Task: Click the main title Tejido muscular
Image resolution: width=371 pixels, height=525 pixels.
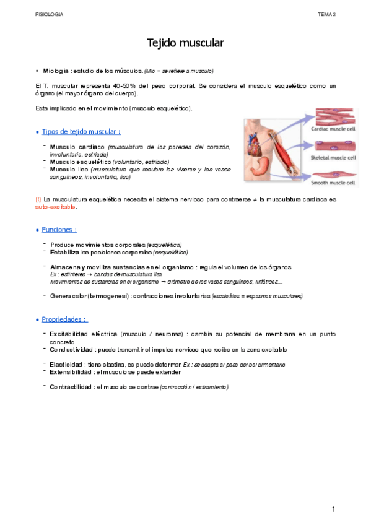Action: pos(185,43)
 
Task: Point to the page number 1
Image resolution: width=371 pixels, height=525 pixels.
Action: pos(333,509)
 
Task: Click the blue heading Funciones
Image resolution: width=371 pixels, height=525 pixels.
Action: pos(59,230)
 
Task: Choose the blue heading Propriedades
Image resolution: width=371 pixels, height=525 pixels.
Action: pos(64,319)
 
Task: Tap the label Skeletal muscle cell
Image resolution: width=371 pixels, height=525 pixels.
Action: pos(333,158)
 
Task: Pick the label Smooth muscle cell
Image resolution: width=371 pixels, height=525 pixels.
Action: pos(333,183)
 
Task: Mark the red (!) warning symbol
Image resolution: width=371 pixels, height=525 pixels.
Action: pos(38,199)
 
